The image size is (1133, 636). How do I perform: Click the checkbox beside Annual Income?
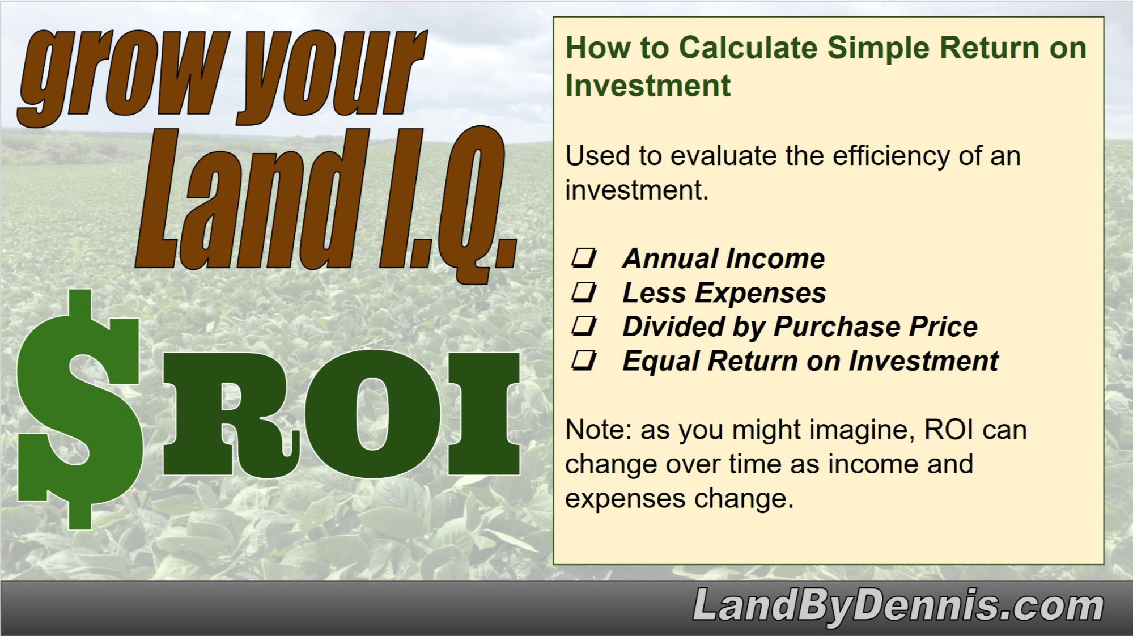coord(584,258)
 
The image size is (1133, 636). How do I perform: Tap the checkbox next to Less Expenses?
coord(584,292)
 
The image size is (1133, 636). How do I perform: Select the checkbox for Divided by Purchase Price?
coord(584,327)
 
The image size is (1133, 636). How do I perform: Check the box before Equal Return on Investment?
coord(584,361)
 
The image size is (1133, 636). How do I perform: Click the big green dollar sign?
coord(79,408)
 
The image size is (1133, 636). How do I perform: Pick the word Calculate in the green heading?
coord(748,48)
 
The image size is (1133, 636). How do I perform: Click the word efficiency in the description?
coord(890,156)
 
